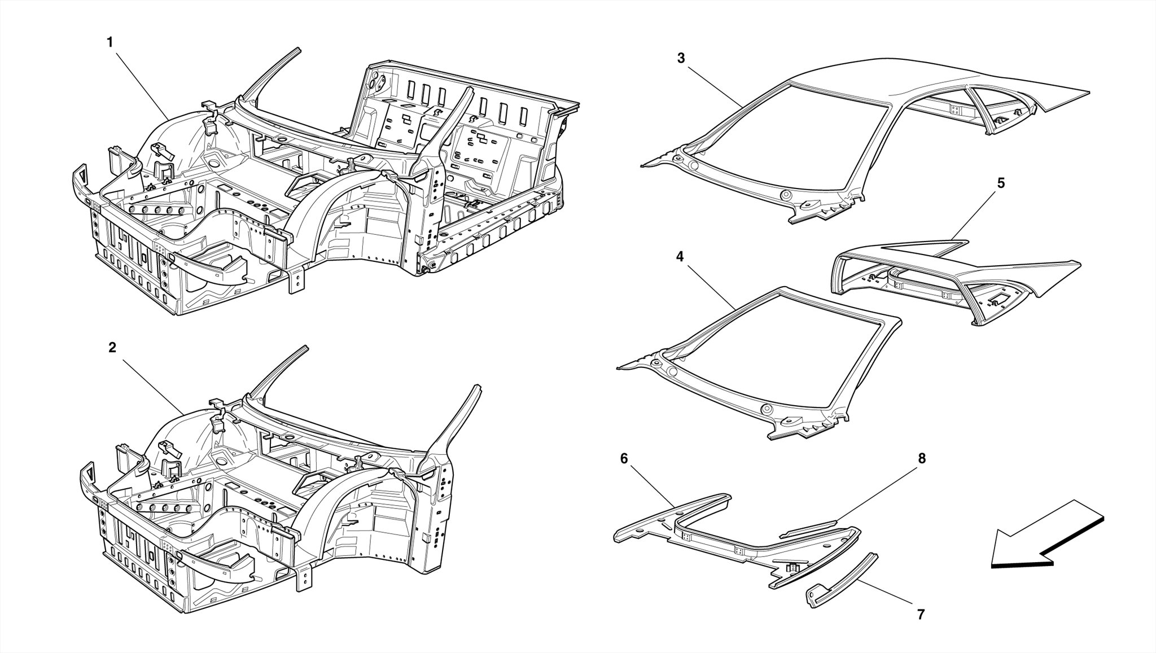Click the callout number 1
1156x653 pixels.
[110, 42]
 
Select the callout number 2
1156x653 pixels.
[112, 348]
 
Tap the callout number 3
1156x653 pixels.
[681, 58]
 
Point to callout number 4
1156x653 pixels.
[680, 257]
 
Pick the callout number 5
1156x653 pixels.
[1001, 183]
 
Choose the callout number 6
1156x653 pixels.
[624, 459]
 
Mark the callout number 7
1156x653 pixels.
[921, 615]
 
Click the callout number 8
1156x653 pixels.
[922, 459]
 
